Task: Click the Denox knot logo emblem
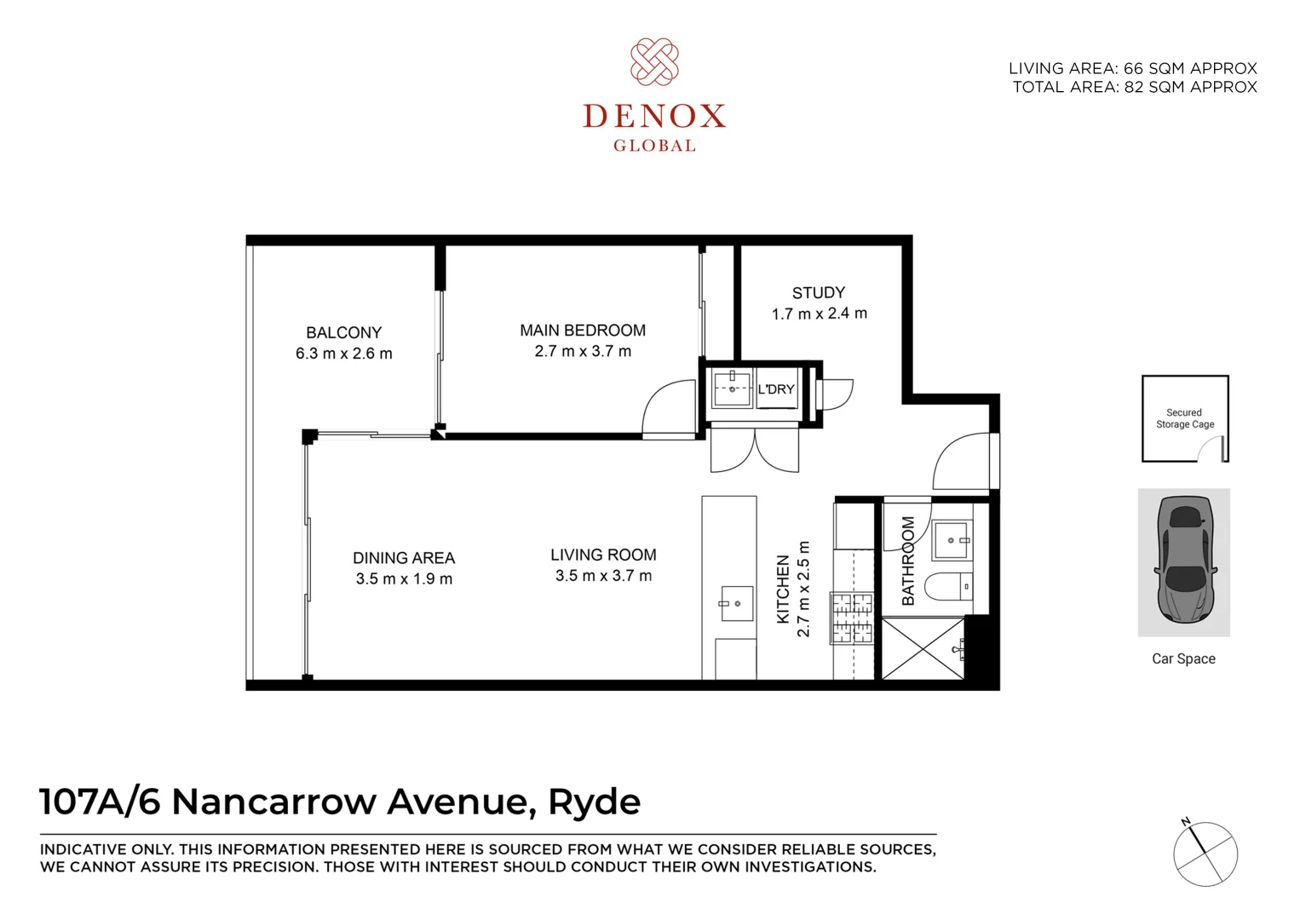click(x=654, y=62)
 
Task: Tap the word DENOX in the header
click(x=654, y=116)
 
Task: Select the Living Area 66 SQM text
click(x=1132, y=68)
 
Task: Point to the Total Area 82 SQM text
click(x=1134, y=87)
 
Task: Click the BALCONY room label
click(x=343, y=332)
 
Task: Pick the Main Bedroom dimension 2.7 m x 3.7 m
click(x=583, y=351)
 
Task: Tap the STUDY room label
click(x=818, y=292)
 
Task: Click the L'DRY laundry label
click(x=776, y=389)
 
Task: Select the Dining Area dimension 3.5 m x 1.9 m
click(x=404, y=579)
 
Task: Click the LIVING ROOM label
click(x=603, y=555)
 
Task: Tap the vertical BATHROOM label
click(x=908, y=561)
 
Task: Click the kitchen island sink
click(x=737, y=603)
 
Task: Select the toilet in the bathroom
click(x=948, y=586)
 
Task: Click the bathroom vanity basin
click(x=951, y=540)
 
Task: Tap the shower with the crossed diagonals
click(x=922, y=649)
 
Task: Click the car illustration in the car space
click(x=1183, y=561)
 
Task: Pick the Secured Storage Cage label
click(x=1184, y=418)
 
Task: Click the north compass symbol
click(x=1205, y=854)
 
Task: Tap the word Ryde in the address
click(x=594, y=802)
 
